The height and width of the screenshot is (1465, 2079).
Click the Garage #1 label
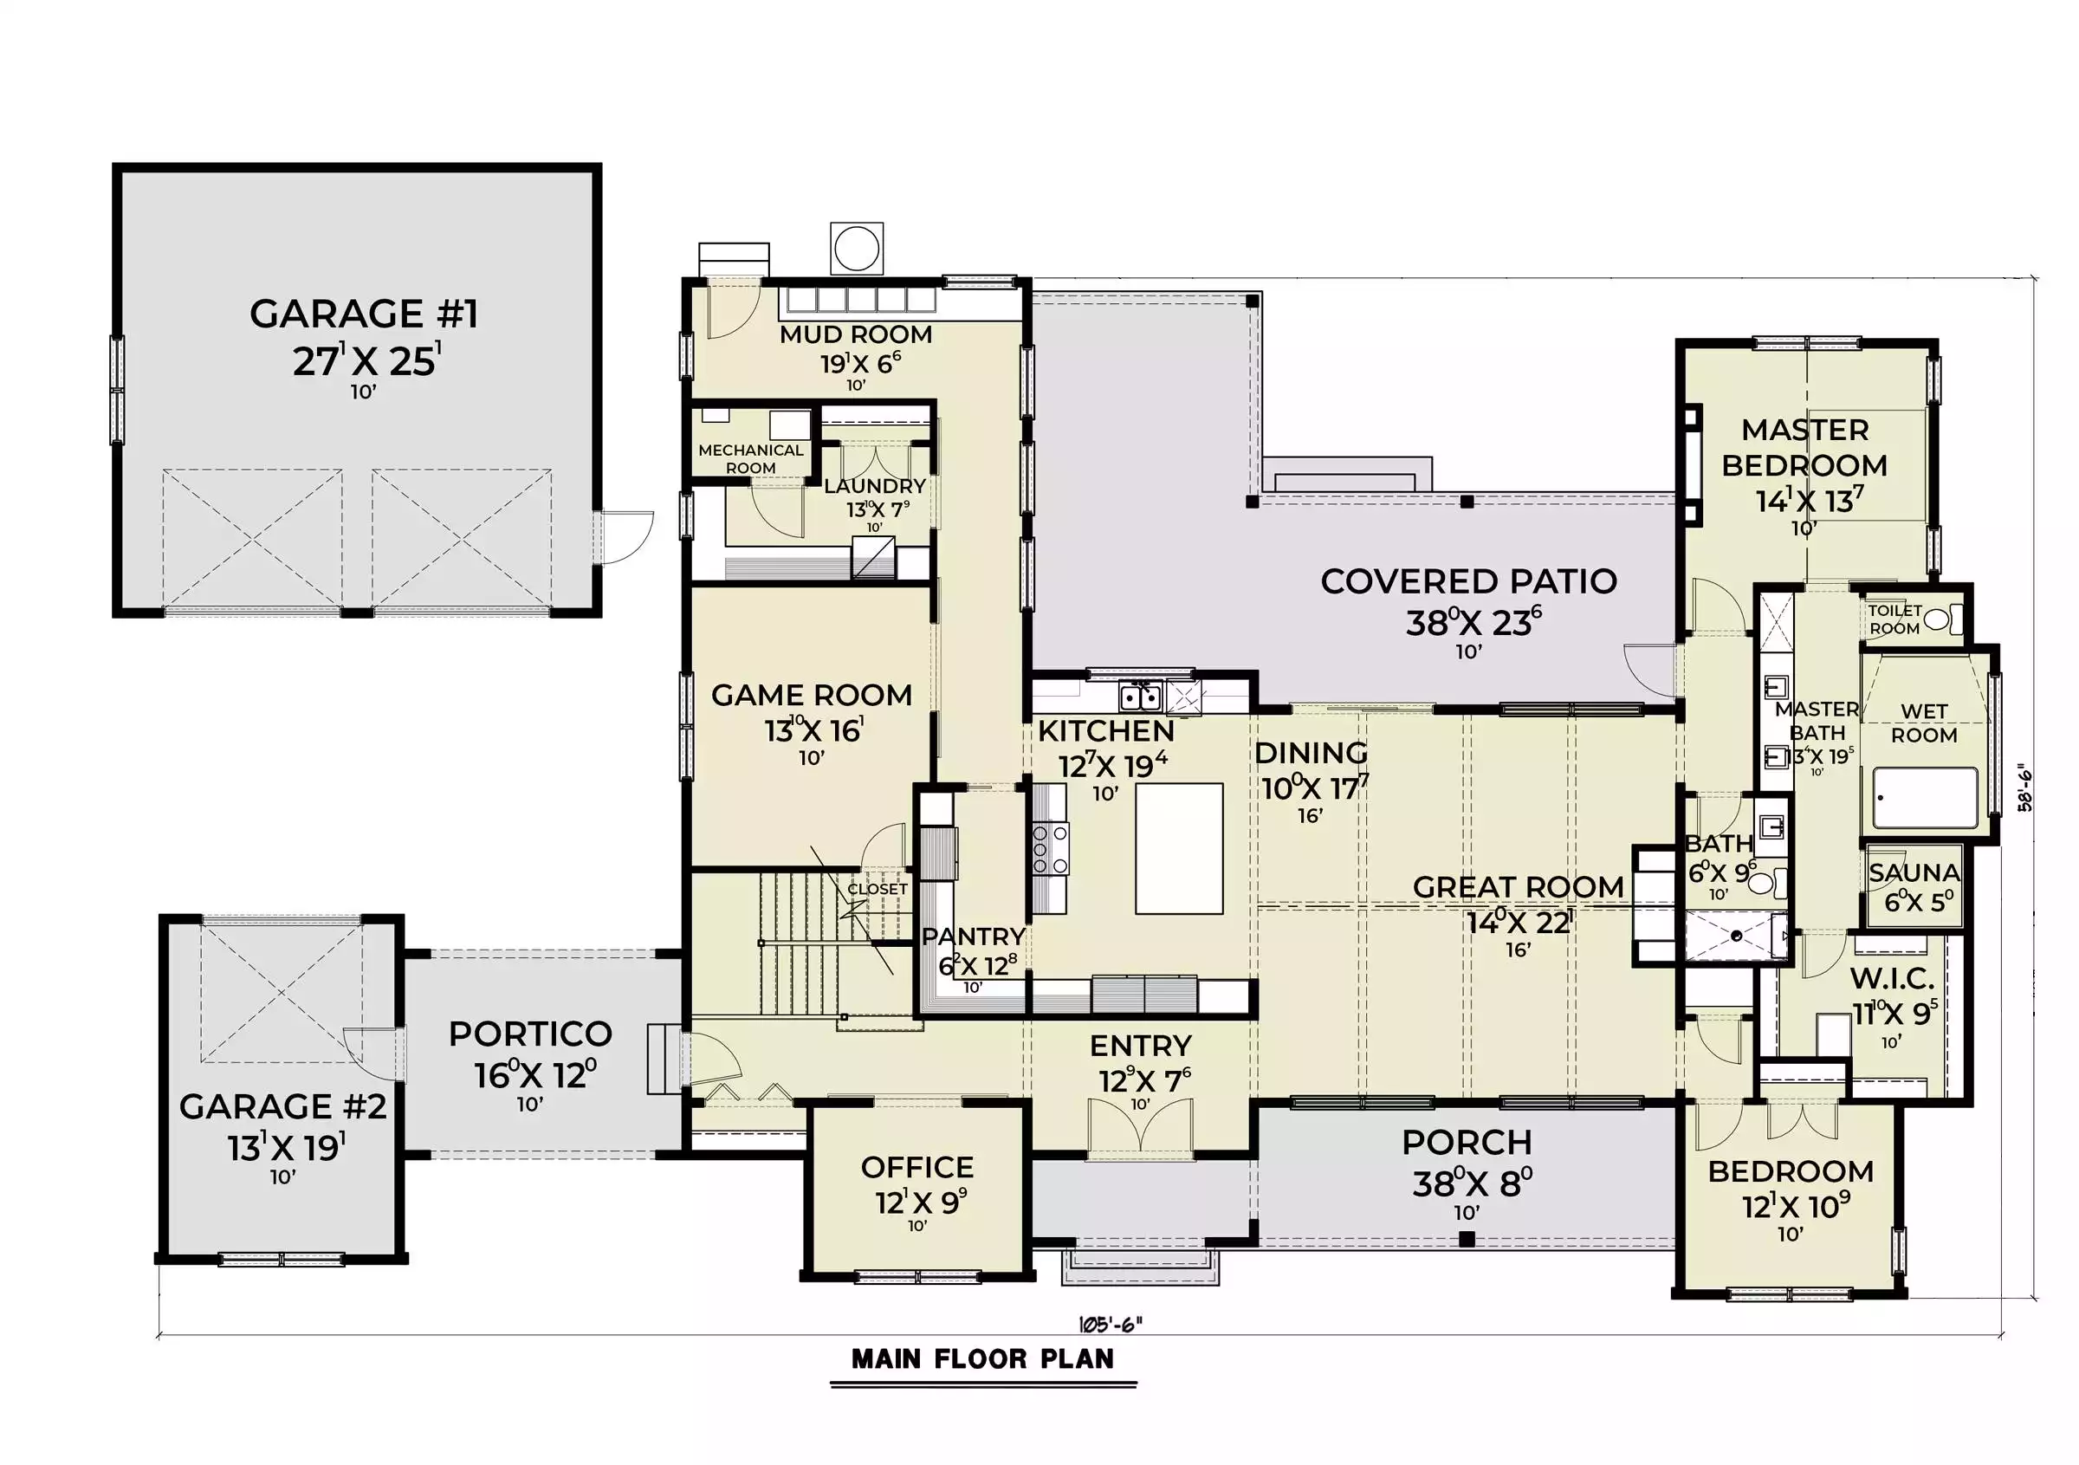[363, 314]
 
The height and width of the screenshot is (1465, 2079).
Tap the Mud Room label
[856, 335]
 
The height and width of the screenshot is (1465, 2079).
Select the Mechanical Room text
[751, 459]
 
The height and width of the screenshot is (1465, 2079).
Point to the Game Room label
[812, 696]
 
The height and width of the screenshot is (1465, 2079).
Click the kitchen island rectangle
[1179, 848]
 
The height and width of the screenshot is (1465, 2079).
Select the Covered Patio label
[1468, 581]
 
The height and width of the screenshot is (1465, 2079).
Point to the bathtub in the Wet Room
[1925, 798]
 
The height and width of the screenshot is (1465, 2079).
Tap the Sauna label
[1914, 872]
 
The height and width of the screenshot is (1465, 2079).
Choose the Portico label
[531, 1033]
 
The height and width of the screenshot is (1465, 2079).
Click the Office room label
[917, 1167]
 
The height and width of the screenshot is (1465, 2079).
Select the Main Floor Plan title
[983, 1359]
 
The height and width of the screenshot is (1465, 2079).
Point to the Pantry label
[974, 937]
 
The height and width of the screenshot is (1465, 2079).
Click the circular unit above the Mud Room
[856, 246]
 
